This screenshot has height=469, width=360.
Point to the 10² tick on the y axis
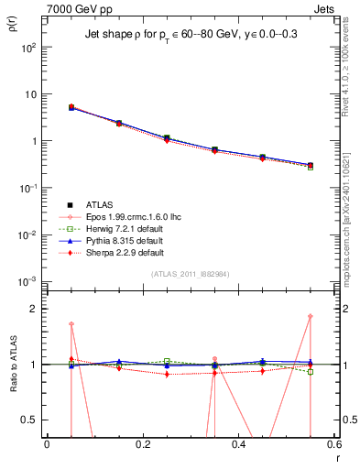click(28, 48)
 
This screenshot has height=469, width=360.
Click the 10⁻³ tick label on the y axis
click(27, 281)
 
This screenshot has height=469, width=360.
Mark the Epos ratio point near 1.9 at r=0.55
click(311, 317)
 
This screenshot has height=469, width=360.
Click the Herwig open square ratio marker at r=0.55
click(311, 372)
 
